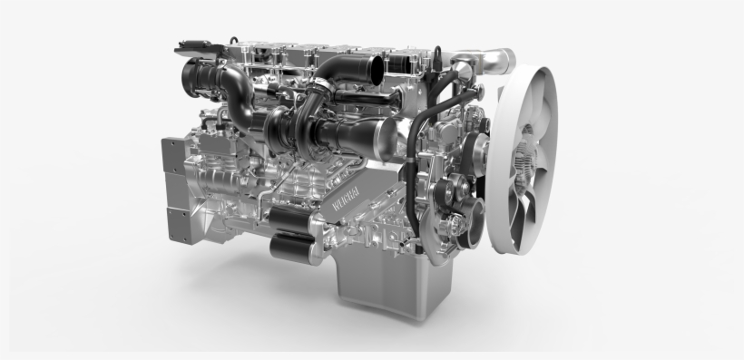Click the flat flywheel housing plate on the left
click(174, 190)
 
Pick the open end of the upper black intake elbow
click(375, 67)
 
